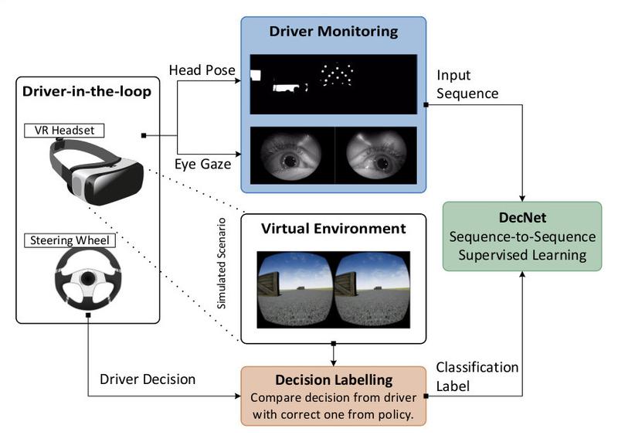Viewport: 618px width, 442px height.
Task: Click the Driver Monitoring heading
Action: pyautogui.click(x=334, y=32)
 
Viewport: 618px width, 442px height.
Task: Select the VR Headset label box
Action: pyautogui.click(x=64, y=131)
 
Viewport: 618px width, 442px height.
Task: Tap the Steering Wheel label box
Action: pyautogui.click(x=70, y=240)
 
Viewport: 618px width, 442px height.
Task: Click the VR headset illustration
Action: pyautogui.click(x=97, y=172)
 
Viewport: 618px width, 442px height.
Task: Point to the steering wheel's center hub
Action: pyautogui.click(x=87, y=278)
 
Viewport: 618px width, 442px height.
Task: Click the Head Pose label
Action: pyautogui.click(x=202, y=70)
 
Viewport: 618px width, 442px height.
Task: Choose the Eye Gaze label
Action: pyautogui.click(x=202, y=164)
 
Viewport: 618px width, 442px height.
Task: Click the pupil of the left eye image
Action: pyautogui.click(x=290, y=161)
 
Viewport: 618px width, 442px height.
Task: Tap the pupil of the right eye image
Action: pyautogui.click(x=381, y=162)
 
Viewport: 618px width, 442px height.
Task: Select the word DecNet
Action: pyautogui.click(x=523, y=218)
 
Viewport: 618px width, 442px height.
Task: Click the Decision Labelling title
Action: pyautogui.click(x=334, y=379)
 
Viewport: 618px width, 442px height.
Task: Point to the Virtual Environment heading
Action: pyautogui.click(x=334, y=229)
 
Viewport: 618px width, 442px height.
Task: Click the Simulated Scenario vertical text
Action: pyautogui.click(x=222, y=263)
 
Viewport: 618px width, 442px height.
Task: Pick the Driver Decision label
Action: pyautogui.click(x=148, y=379)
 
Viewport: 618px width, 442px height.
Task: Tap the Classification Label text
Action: pyautogui.click(x=477, y=376)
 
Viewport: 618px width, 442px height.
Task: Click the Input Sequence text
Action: pyautogui.click(x=467, y=84)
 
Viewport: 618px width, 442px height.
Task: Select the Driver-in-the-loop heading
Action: pyautogui.click(x=87, y=91)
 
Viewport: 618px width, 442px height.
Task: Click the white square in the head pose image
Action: pyautogui.click(x=256, y=75)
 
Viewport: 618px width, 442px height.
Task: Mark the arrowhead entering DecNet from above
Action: pyautogui.click(x=522, y=199)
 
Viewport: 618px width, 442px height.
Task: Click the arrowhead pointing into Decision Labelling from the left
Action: pyautogui.click(x=238, y=396)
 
